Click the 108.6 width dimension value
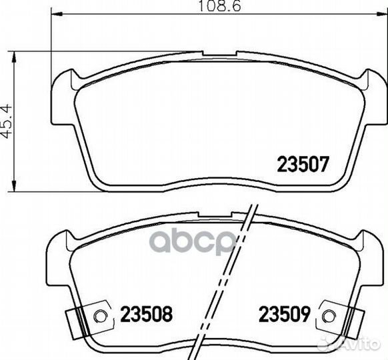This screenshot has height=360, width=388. click(220, 6)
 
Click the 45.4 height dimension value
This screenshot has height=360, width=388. click(6, 121)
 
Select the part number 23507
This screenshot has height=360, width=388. click(303, 164)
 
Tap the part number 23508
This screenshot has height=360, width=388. click(147, 314)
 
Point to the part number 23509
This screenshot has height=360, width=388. click(285, 314)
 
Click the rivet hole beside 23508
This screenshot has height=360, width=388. click(100, 316)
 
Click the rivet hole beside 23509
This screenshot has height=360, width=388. click(329, 316)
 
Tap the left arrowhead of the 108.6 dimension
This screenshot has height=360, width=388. click(57, 13)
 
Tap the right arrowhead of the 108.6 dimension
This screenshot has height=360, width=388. click(381, 13)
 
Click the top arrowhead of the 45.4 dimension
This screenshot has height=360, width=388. click(13, 57)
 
